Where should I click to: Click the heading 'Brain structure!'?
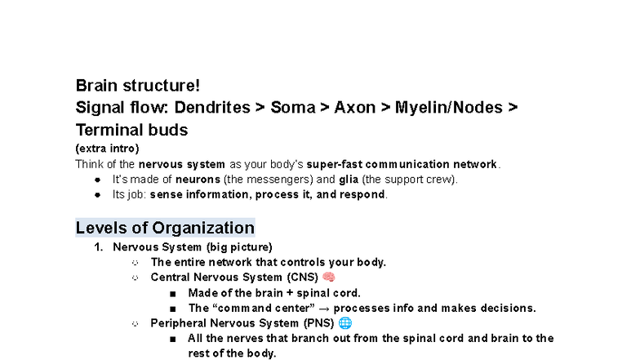point(137,86)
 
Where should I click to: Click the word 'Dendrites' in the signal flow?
point(212,108)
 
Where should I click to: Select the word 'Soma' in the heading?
point(293,108)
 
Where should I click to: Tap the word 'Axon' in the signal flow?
point(354,108)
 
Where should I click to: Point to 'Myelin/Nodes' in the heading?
point(449,108)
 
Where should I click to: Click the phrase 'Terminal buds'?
point(132,131)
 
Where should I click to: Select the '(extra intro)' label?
point(108,149)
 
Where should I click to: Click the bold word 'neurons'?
point(198,180)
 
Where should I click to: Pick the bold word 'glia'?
point(349,180)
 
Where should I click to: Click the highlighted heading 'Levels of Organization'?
point(165,228)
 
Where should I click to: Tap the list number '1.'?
point(98,247)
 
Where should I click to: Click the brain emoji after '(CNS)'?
point(328,278)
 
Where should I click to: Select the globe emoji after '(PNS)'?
point(345,323)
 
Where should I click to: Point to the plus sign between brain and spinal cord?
point(290,293)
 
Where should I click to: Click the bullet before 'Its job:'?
point(98,194)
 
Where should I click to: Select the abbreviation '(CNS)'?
point(302,278)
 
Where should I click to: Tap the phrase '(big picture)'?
point(239,247)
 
